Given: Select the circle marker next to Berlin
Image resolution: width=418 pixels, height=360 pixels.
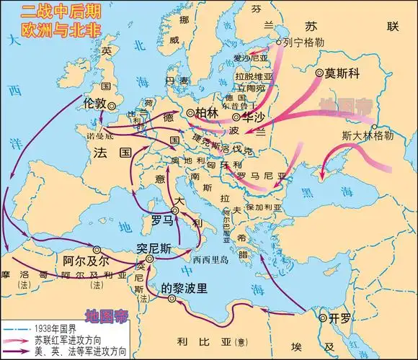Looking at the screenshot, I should pos(190,113).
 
